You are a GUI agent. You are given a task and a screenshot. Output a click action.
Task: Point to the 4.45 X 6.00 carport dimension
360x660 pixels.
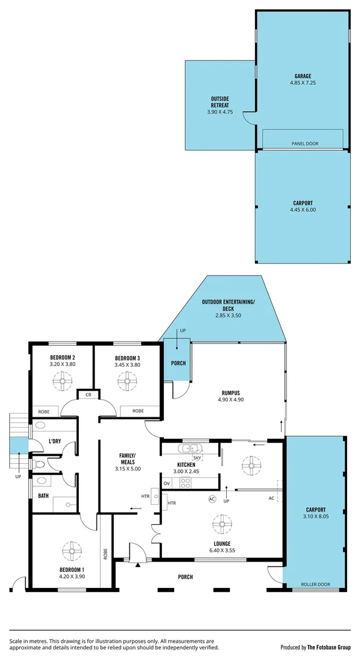pos(303,209)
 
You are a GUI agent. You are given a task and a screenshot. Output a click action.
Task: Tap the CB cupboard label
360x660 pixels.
pos(88,394)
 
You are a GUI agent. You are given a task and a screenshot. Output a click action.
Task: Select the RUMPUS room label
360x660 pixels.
pos(230,393)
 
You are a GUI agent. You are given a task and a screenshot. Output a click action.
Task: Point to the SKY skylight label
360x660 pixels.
pos(197,457)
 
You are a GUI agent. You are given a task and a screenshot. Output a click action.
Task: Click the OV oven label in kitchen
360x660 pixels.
pos(166,483)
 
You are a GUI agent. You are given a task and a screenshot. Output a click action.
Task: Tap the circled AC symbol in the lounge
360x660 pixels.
pos(212,499)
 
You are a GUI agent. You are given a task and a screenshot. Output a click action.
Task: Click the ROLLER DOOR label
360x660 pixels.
pos(315,584)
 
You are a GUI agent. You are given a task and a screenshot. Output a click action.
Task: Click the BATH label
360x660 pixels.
pos(43,496)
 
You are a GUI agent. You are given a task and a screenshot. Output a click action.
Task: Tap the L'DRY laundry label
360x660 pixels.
pos(55,441)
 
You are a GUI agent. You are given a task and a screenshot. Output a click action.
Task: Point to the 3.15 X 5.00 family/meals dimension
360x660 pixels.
pos(128,469)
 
